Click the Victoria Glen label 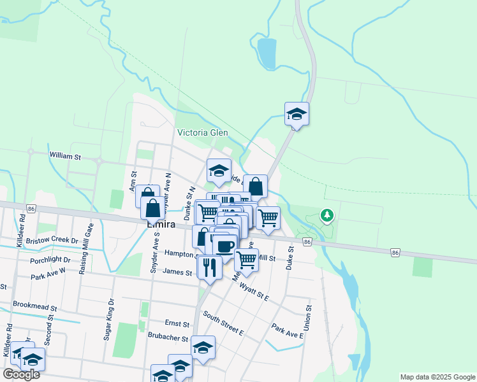tap(202, 133)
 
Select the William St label tap(65, 155)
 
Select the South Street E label tap(223, 323)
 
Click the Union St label tap(309, 316)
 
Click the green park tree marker tap(327, 216)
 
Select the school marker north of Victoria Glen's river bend tap(297, 115)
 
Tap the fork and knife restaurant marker tap(210, 267)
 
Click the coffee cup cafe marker tap(224, 246)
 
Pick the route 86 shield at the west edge tap(31, 208)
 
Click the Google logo tap(21, 374)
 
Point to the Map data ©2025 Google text tap(437, 377)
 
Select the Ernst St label tap(178, 324)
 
